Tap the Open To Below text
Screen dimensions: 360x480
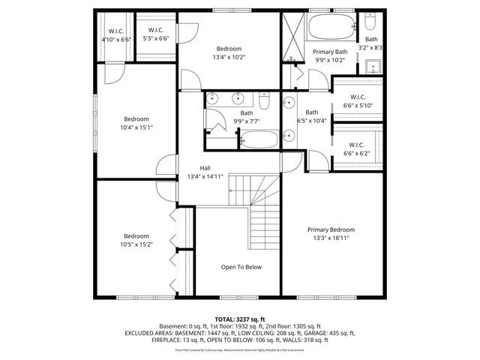241,267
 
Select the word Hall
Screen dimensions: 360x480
205,168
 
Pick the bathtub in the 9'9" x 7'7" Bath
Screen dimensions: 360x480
259,138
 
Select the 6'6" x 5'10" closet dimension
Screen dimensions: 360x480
357,106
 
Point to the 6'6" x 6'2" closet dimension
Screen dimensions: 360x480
357,153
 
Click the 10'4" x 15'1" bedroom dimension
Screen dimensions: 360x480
136,127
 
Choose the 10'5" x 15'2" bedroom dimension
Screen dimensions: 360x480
136,244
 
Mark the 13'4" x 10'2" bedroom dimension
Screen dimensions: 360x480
228,56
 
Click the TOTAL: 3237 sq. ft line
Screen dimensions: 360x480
240,319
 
